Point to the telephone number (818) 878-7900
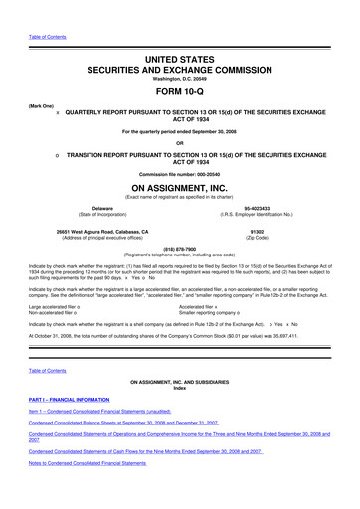tap(180, 251)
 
